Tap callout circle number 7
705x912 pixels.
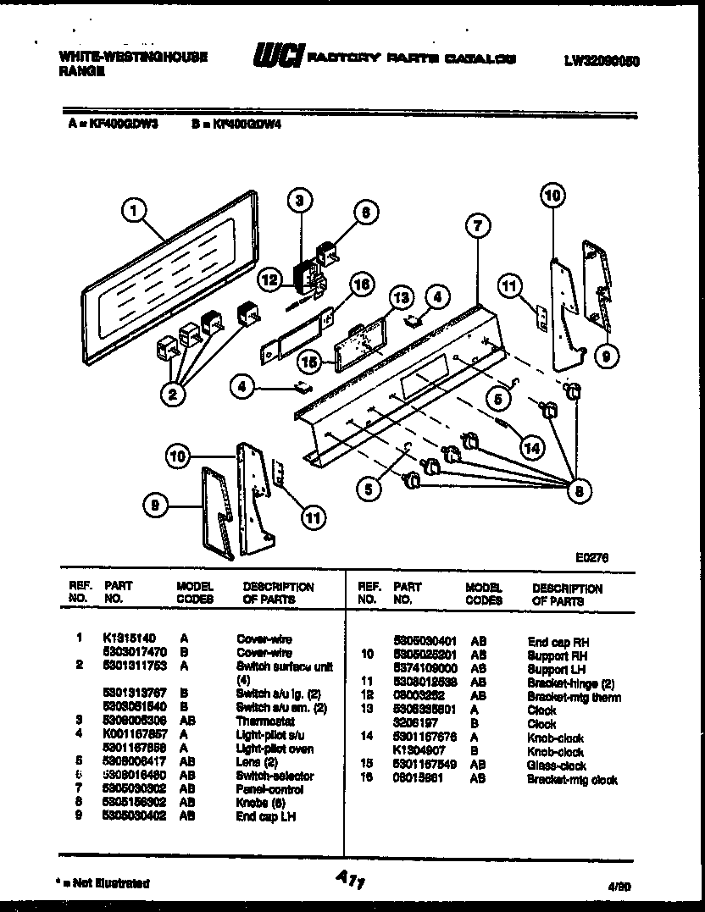[x=478, y=227]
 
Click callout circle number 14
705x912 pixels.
[x=530, y=448]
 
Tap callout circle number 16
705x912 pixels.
[x=361, y=285]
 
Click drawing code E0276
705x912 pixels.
[x=591, y=557]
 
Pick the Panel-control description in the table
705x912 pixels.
[x=269, y=789]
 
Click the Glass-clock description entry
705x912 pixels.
[x=556, y=766]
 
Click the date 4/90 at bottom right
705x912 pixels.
[x=619, y=884]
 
